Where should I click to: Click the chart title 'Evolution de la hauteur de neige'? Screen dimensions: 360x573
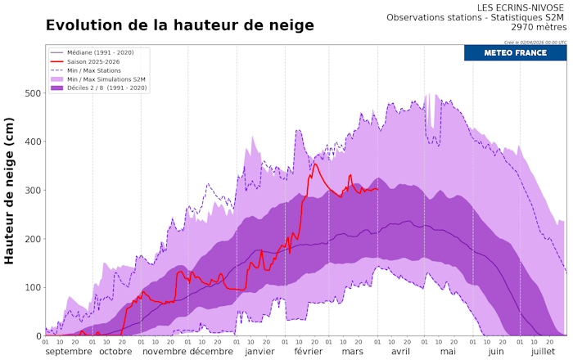pos(179,25)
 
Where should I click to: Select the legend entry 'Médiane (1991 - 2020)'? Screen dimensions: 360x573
pos(102,52)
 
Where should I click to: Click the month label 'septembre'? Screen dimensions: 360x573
pos(68,351)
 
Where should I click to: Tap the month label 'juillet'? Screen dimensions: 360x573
pos(543,351)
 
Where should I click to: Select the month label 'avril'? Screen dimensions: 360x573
pos(400,351)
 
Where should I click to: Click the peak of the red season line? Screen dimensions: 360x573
pos(315,164)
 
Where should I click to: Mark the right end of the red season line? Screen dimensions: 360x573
pos(377,189)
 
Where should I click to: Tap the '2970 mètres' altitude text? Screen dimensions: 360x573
pos(536,27)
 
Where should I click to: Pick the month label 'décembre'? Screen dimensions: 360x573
pos(211,351)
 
